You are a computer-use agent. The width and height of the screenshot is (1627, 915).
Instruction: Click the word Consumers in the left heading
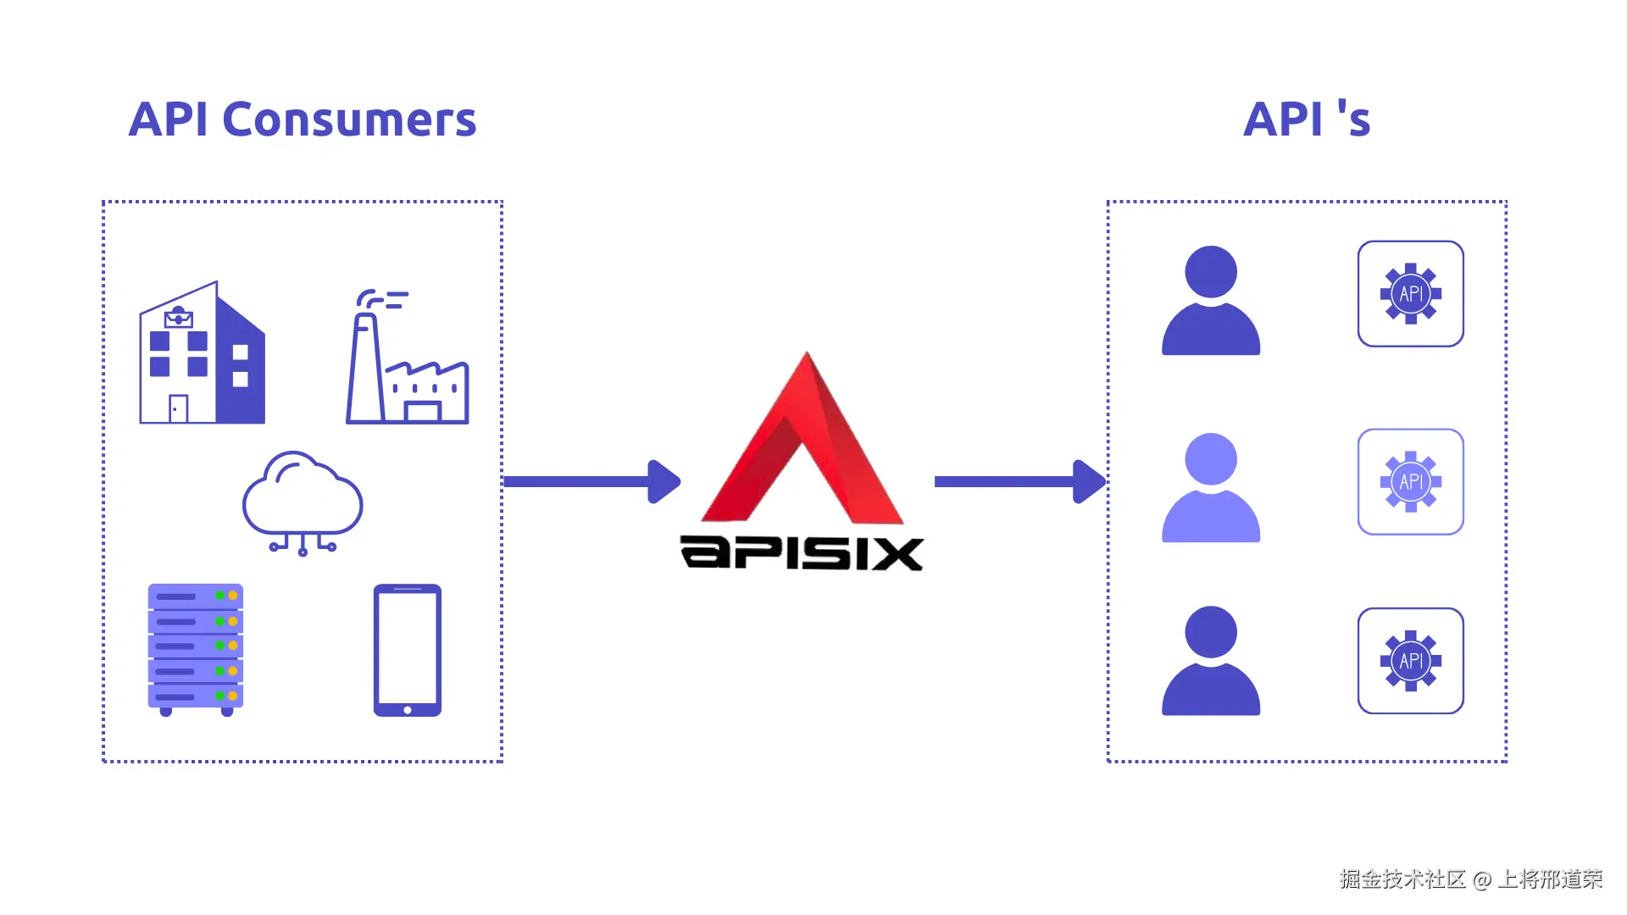pyautogui.click(x=349, y=119)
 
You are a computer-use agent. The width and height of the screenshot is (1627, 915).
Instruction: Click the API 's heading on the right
pyautogui.click(x=1306, y=119)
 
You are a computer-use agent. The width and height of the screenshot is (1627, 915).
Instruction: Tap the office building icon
pyautogui.click(x=203, y=354)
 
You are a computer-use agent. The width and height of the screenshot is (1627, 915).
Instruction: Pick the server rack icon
pyautogui.click(x=196, y=649)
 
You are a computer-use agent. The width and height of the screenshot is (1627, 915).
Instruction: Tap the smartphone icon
pyautogui.click(x=408, y=650)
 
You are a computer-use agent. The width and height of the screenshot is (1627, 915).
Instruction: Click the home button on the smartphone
pyautogui.click(x=408, y=710)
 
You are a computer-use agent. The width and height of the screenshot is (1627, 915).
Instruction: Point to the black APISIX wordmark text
pyautogui.click(x=802, y=553)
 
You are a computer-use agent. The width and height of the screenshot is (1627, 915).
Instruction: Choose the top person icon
pyautogui.click(x=1210, y=301)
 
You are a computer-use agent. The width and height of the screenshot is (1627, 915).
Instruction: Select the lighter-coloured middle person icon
pyautogui.click(x=1210, y=488)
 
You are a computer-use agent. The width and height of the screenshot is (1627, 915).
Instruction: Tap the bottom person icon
pyautogui.click(x=1210, y=661)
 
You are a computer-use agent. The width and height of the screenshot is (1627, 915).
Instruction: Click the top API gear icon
pyautogui.click(x=1410, y=294)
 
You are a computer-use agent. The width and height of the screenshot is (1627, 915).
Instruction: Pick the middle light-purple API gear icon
pyautogui.click(x=1410, y=482)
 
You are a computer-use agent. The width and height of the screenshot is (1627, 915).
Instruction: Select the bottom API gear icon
pyautogui.click(x=1410, y=661)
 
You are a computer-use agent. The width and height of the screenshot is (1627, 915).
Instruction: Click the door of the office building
pyautogui.click(x=178, y=409)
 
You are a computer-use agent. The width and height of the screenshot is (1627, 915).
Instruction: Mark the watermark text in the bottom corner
pyautogui.click(x=1470, y=879)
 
